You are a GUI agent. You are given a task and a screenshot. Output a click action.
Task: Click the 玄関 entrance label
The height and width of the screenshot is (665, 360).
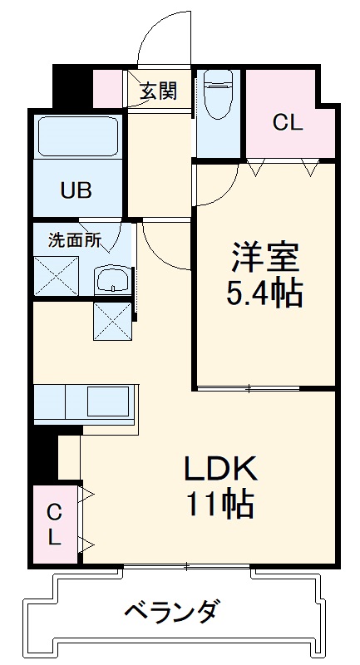[x=158, y=91]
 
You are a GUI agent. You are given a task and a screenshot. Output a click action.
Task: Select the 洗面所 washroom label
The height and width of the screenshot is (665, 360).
[x=74, y=241]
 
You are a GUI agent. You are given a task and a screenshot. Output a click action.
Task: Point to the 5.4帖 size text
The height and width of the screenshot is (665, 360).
[x=264, y=292]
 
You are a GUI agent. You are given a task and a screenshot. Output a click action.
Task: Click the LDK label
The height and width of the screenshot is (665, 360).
[x=220, y=470]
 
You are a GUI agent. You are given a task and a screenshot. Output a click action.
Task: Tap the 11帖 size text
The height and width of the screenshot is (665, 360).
[x=220, y=505]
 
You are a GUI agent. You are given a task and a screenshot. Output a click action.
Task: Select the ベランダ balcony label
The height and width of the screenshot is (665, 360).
[x=174, y=614]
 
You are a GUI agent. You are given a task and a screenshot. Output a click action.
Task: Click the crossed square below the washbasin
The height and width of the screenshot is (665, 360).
[x=112, y=320]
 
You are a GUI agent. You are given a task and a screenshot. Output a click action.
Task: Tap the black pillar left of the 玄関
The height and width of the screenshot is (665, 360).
[x=72, y=86]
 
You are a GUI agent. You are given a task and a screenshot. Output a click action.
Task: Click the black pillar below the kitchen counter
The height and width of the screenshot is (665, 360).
[x=43, y=456]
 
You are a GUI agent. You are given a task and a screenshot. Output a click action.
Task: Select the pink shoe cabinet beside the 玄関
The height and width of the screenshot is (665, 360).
[x=109, y=90]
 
